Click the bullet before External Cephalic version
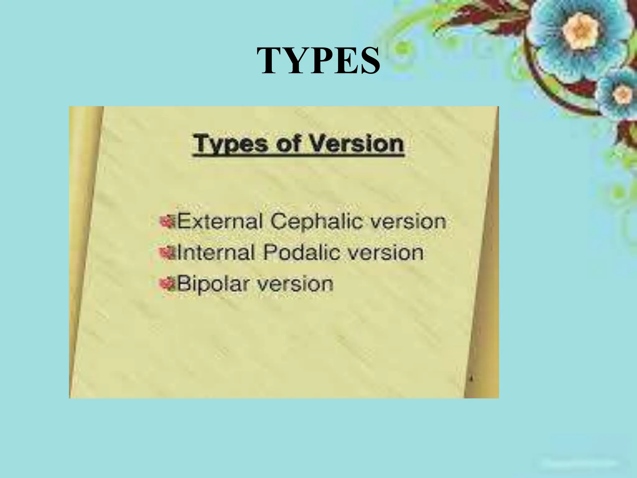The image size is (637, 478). (x=167, y=222)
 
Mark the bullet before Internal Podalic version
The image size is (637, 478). (x=167, y=253)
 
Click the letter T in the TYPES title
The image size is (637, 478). (x=269, y=61)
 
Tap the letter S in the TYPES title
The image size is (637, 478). (x=369, y=61)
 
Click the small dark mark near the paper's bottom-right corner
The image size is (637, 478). (x=472, y=379)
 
